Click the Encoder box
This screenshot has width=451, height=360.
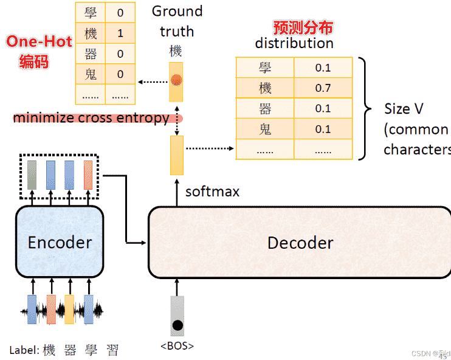(x=60, y=242)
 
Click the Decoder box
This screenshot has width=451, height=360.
(x=300, y=242)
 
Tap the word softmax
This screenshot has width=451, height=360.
(x=212, y=192)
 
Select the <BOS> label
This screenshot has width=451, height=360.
(x=177, y=346)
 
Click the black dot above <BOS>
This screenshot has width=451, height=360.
(x=177, y=325)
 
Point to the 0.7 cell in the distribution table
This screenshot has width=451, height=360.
(x=323, y=88)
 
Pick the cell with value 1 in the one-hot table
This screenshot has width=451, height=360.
(x=120, y=33)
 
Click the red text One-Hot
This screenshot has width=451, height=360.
(x=39, y=41)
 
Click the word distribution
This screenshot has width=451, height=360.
(x=294, y=43)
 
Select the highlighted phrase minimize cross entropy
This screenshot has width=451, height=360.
(x=91, y=118)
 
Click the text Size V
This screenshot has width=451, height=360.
(x=404, y=109)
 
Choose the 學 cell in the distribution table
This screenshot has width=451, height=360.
(x=265, y=67)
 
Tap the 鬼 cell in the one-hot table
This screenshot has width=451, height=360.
(x=91, y=74)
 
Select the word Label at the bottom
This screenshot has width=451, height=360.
(x=24, y=350)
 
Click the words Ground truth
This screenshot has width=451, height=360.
(x=177, y=21)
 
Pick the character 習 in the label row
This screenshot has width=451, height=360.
(x=112, y=350)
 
